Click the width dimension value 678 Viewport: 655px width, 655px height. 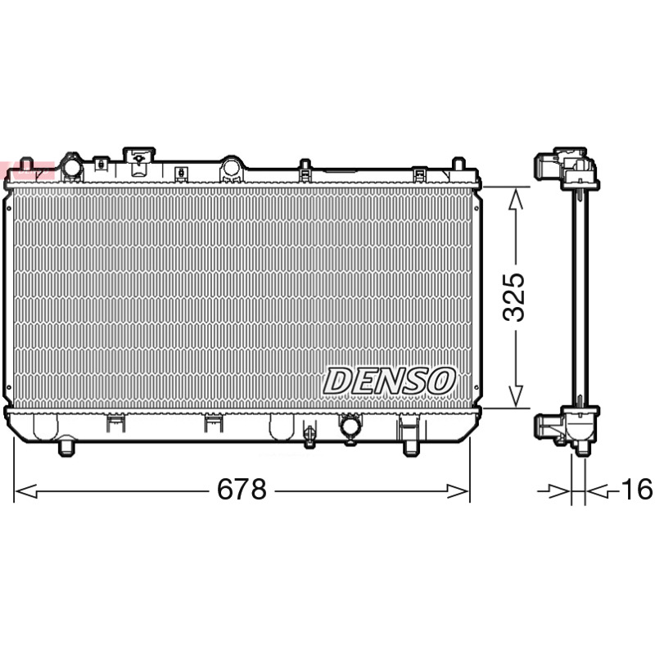point(242,489)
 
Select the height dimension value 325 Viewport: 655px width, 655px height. point(513,297)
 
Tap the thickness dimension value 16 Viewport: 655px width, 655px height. point(637,489)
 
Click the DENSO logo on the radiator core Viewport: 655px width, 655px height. point(389,381)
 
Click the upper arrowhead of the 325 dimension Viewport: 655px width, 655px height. point(517,199)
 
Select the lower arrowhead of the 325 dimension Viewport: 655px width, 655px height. point(517,396)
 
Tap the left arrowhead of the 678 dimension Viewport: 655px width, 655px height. point(26,491)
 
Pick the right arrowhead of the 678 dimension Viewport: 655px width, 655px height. point(458,491)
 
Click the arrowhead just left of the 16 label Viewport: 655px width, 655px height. point(597,491)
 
